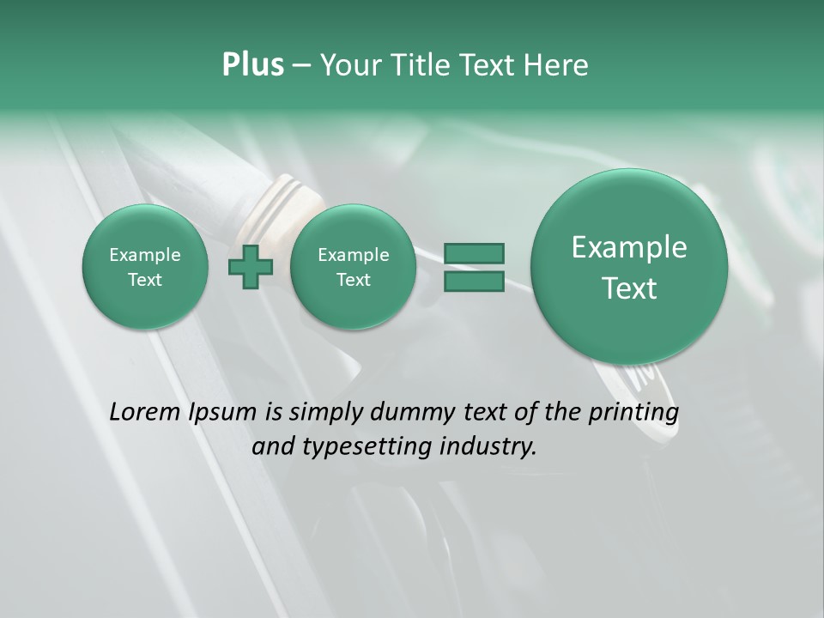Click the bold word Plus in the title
pyautogui.click(x=252, y=65)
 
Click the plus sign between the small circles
pyautogui.click(x=251, y=266)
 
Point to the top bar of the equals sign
pyautogui.click(x=473, y=253)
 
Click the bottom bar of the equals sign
pyautogui.click(x=473, y=281)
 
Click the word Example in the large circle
pyautogui.click(x=629, y=247)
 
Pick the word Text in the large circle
pyautogui.click(x=629, y=288)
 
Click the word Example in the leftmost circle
pyautogui.click(x=145, y=255)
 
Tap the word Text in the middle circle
pyautogui.click(x=353, y=280)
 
